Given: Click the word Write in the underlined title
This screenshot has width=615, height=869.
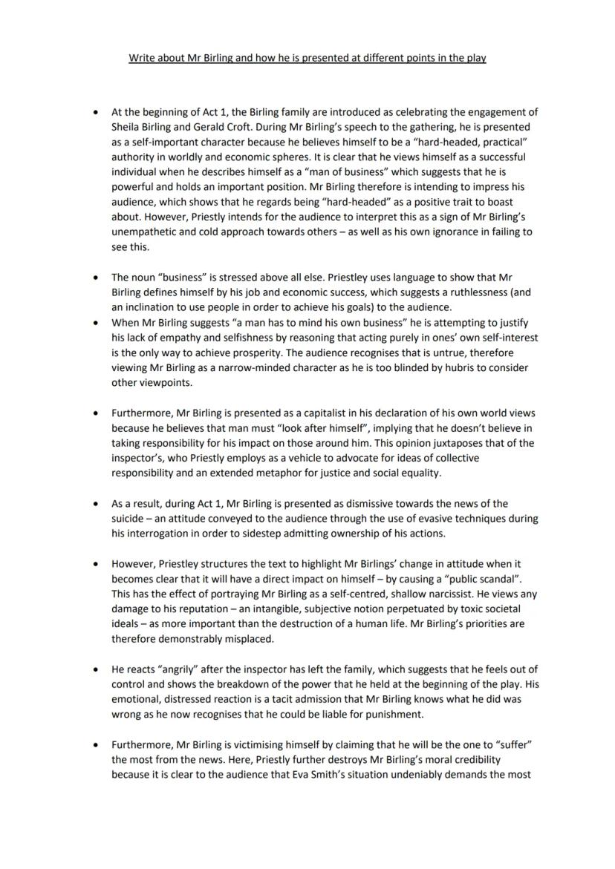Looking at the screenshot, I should coord(141,58).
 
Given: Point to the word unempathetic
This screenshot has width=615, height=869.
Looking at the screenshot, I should coord(144,232).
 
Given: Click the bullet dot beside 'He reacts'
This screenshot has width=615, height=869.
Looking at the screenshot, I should coord(94,669).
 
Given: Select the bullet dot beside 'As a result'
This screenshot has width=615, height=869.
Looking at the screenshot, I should coord(94,504).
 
